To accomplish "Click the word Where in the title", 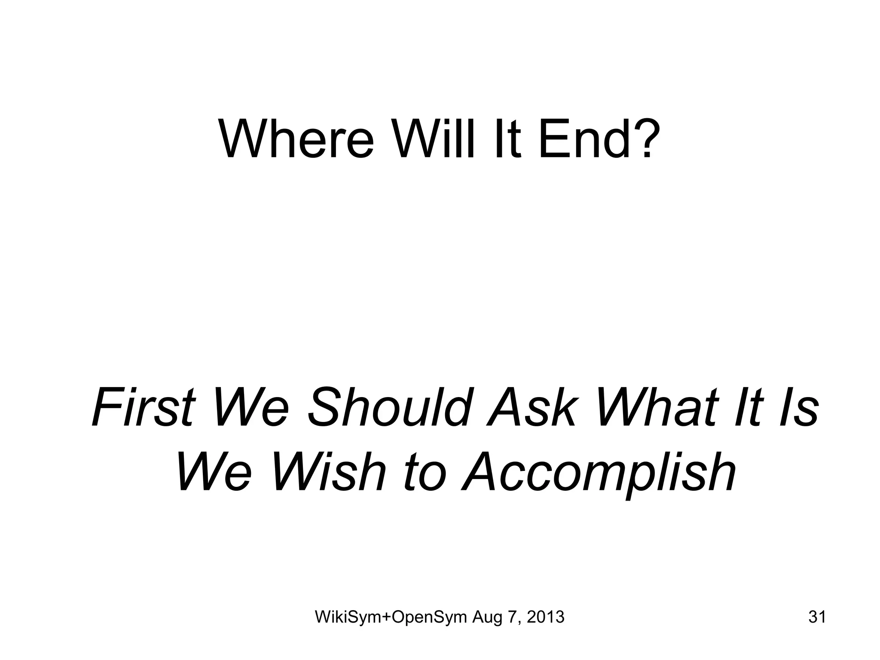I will click(x=296, y=138).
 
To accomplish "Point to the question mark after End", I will click(x=644, y=138).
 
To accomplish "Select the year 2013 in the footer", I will click(x=545, y=617).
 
